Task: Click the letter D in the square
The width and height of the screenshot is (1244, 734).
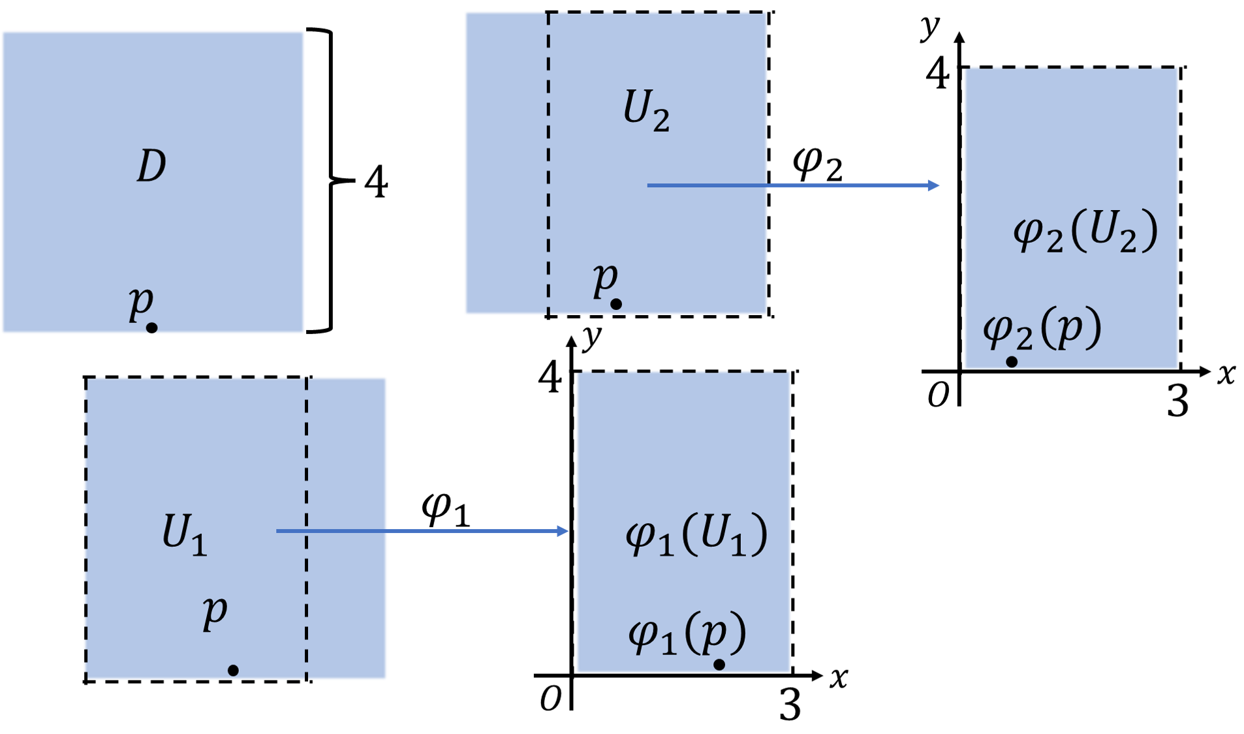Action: click(x=151, y=166)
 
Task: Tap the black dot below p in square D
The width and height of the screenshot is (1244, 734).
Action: click(x=151, y=328)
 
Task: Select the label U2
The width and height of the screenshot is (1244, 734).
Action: click(x=646, y=110)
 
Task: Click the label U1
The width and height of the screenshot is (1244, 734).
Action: click(x=185, y=534)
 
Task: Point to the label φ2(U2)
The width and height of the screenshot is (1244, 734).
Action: click(x=1085, y=232)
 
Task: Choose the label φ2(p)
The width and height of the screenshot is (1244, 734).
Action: click(x=1042, y=329)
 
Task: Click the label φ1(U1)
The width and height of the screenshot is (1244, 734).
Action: click(x=696, y=535)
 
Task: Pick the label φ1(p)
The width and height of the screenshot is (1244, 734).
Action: click(x=687, y=633)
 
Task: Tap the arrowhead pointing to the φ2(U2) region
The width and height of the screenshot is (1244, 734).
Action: click(x=933, y=186)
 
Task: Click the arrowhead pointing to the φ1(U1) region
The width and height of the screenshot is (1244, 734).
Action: click(x=563, y=531)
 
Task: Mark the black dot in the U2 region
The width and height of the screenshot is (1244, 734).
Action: click(x=616, y=304)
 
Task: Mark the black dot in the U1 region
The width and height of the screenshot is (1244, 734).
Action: click(x=233, y=670)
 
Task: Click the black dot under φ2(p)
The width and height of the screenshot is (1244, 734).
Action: click(x=1012, y=361)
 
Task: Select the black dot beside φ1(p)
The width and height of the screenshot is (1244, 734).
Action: click(x=719, y=664)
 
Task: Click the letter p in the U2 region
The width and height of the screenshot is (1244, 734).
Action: click(x=605, y=279)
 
